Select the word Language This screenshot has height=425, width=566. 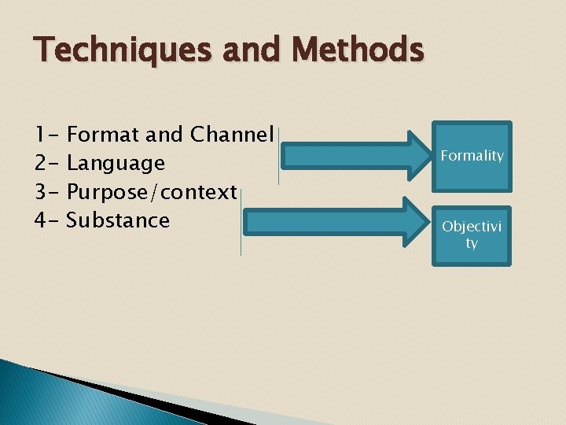pyautogui.click(x=116, y=164)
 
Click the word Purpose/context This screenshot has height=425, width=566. pyautogui.click(x=152, y=192)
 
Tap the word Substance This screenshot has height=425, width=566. pyautogui.click(x=118, y=220)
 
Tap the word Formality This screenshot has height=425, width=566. pyautogui.click(x=472, y=156)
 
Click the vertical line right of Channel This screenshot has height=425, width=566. pyautogui.click(x=278, y=155)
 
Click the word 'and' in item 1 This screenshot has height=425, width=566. pyautogui.click(x=164, y=135)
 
